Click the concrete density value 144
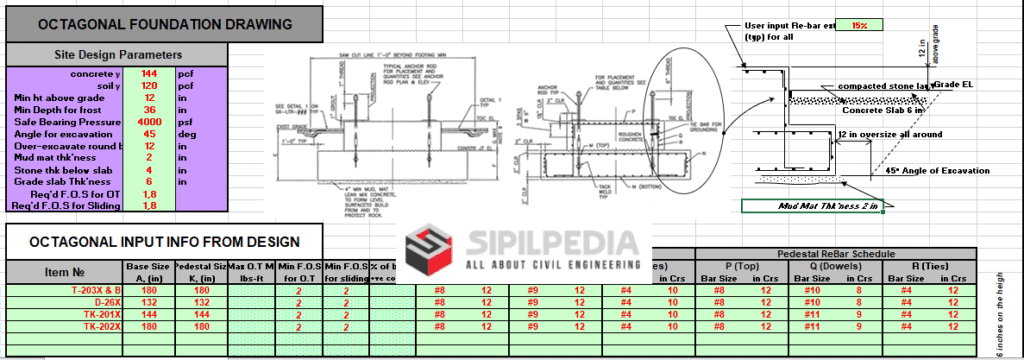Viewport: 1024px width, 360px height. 148,74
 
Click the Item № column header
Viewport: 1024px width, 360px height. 61,271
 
